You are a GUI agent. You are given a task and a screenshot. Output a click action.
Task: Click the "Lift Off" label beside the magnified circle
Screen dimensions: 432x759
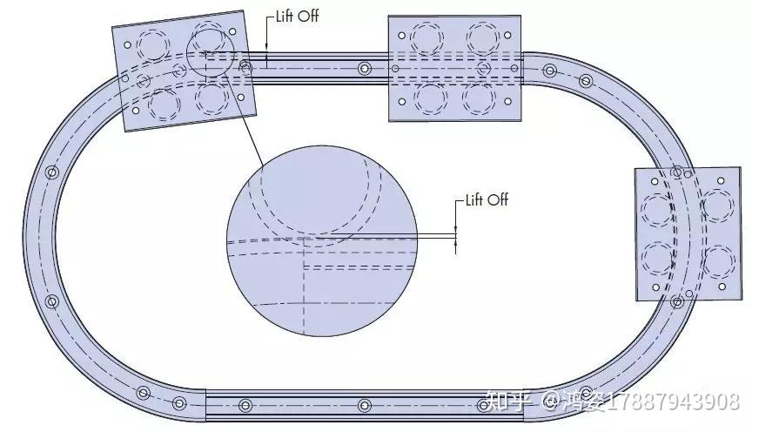click(x=486, y=200)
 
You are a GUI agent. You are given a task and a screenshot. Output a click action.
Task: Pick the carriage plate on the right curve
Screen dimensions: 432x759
click(x=688, y=233)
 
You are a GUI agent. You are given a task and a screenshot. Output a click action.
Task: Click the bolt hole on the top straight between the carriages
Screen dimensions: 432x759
click(x=363, y=68)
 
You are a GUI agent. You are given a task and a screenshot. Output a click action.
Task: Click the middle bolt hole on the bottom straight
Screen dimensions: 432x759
click(x=364, y=405)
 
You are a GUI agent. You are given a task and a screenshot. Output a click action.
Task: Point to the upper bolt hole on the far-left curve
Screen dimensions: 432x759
click(x=51, y=172)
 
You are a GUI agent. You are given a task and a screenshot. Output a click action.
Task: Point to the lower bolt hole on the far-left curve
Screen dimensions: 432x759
click(x=51, y=302)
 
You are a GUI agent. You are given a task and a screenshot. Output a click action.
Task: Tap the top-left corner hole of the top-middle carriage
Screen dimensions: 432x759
click(x=401, y=35)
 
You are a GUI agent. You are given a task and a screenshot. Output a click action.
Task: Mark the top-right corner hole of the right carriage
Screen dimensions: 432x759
click(x=722, y=182)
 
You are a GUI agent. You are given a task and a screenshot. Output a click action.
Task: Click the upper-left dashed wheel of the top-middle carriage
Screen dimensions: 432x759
click(x=427, y=37)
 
